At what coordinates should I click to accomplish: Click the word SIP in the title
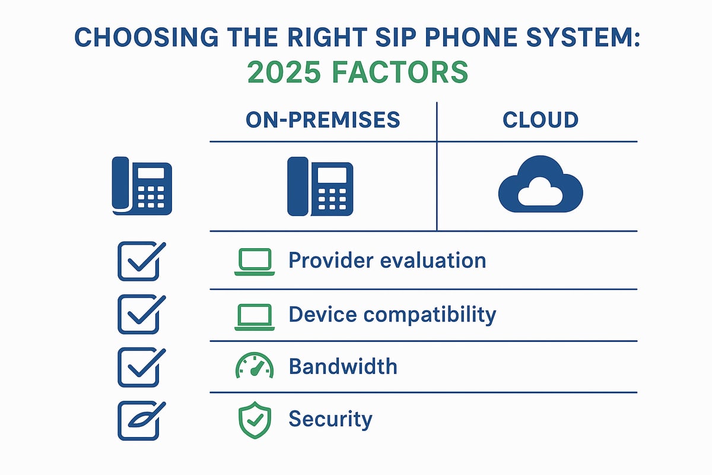click(x=395, y=37)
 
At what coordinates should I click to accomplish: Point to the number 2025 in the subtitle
click(x=284, y=72)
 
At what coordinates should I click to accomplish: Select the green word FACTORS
click(x=400, y=72)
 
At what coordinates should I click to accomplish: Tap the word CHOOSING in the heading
click(x=147, y=37)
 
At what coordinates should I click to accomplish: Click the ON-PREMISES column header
click(x=323, y=120)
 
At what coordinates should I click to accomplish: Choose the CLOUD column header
click(x=541, y=120)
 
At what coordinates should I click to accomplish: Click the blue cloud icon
click(x=541, y=184)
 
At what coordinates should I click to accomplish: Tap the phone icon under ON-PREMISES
click(x=320, y=186)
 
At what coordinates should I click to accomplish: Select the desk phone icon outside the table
click(x=142, y=186)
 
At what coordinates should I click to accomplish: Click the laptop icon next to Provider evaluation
click(x=255, y=262)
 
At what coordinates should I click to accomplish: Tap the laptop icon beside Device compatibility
click(x=255, y=317)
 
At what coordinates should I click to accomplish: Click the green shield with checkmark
click(x=255, y=420)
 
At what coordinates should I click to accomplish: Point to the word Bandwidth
click(x=343, y=366)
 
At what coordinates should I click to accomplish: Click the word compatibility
click(x=430, y=315)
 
